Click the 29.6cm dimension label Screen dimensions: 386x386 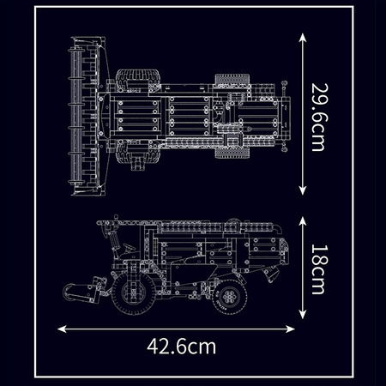(x=315, y=115)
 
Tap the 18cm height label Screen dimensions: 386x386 (x=315, y=268)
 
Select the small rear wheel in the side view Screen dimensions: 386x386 (x=230, y=298)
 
